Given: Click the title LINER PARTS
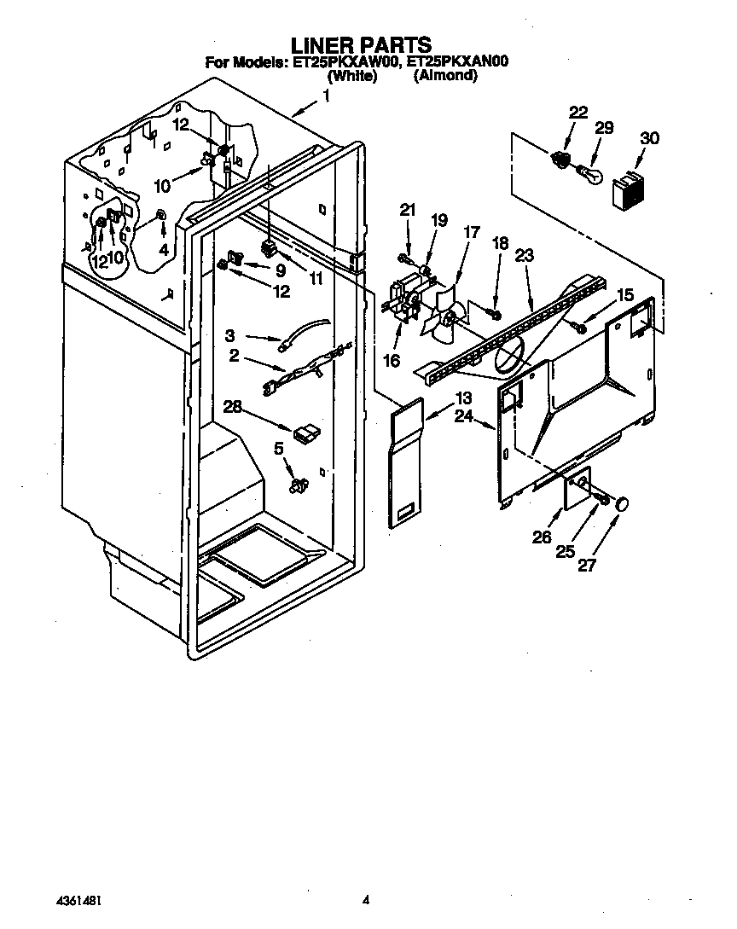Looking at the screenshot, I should tap(361, 44).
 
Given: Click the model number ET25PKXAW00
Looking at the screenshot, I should tap(345, 61).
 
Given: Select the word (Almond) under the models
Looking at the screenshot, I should tap(445, 75).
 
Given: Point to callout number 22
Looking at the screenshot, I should tap(577, 113).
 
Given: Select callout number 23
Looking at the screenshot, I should tap(524, 253).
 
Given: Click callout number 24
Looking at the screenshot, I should tap(463, 416).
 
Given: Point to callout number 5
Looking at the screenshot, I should tap(278, 447).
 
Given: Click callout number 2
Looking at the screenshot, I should tap(234, 357).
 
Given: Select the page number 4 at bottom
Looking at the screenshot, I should tap(366, 899).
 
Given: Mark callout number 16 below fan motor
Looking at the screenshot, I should tap(392, 361).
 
